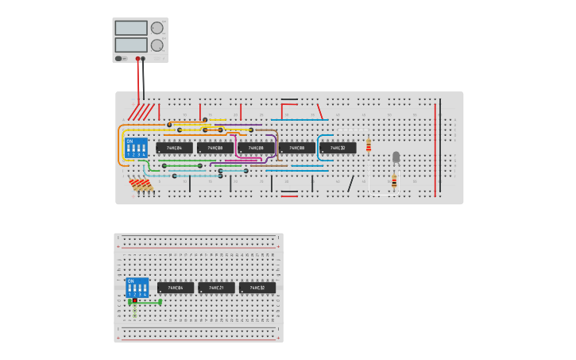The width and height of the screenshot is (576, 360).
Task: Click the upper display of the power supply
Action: pyautogui.click(x=131, y=28)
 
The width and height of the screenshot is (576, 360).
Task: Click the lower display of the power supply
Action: pyautogui.click(x=131, y=45)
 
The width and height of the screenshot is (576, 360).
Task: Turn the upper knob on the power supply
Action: pyautogui.click(x=157, y=28)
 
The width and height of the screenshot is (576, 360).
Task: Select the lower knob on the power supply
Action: pyautogui.click(x=157, y=45)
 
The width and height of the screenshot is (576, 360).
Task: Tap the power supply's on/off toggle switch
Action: pyautogui.click(x=119, y=58)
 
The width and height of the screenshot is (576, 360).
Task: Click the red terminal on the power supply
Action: pyautogui.click(x=137, y=59)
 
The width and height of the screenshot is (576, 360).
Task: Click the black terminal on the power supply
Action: pyautogui.click(x=144, y=59)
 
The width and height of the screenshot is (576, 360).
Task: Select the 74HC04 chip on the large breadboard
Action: pyautogui.click(x=174, y=148)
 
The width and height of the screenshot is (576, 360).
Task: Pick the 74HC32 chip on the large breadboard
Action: pyautogui.click(x=338, y=148)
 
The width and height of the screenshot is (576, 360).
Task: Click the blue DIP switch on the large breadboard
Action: pyautogui.click(x=136, y=148)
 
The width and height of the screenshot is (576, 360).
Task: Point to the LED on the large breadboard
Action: pyautogui.click(x=396, y=157)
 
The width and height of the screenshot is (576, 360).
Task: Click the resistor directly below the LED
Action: pyautogui.click(x=394, y=182)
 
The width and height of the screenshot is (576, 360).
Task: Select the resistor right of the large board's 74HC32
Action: pyautogui.click(x=369, y=145)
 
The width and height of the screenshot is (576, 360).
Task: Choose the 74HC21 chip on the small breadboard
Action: pyautogui.click(x=216, y=288)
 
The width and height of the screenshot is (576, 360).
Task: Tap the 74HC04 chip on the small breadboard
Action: pyautogui.click(x=175, y=288)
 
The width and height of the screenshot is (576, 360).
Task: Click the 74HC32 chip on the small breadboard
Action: pyautogui.click(x=257, y=288)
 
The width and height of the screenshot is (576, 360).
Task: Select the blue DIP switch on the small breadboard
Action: pyautogui.click(x=137, y=287)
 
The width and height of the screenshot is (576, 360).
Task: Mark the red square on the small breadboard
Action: pyautogui.click(x=135, y=301)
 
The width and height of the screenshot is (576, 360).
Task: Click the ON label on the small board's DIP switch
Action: pyautogui.click(x=131, y=281)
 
